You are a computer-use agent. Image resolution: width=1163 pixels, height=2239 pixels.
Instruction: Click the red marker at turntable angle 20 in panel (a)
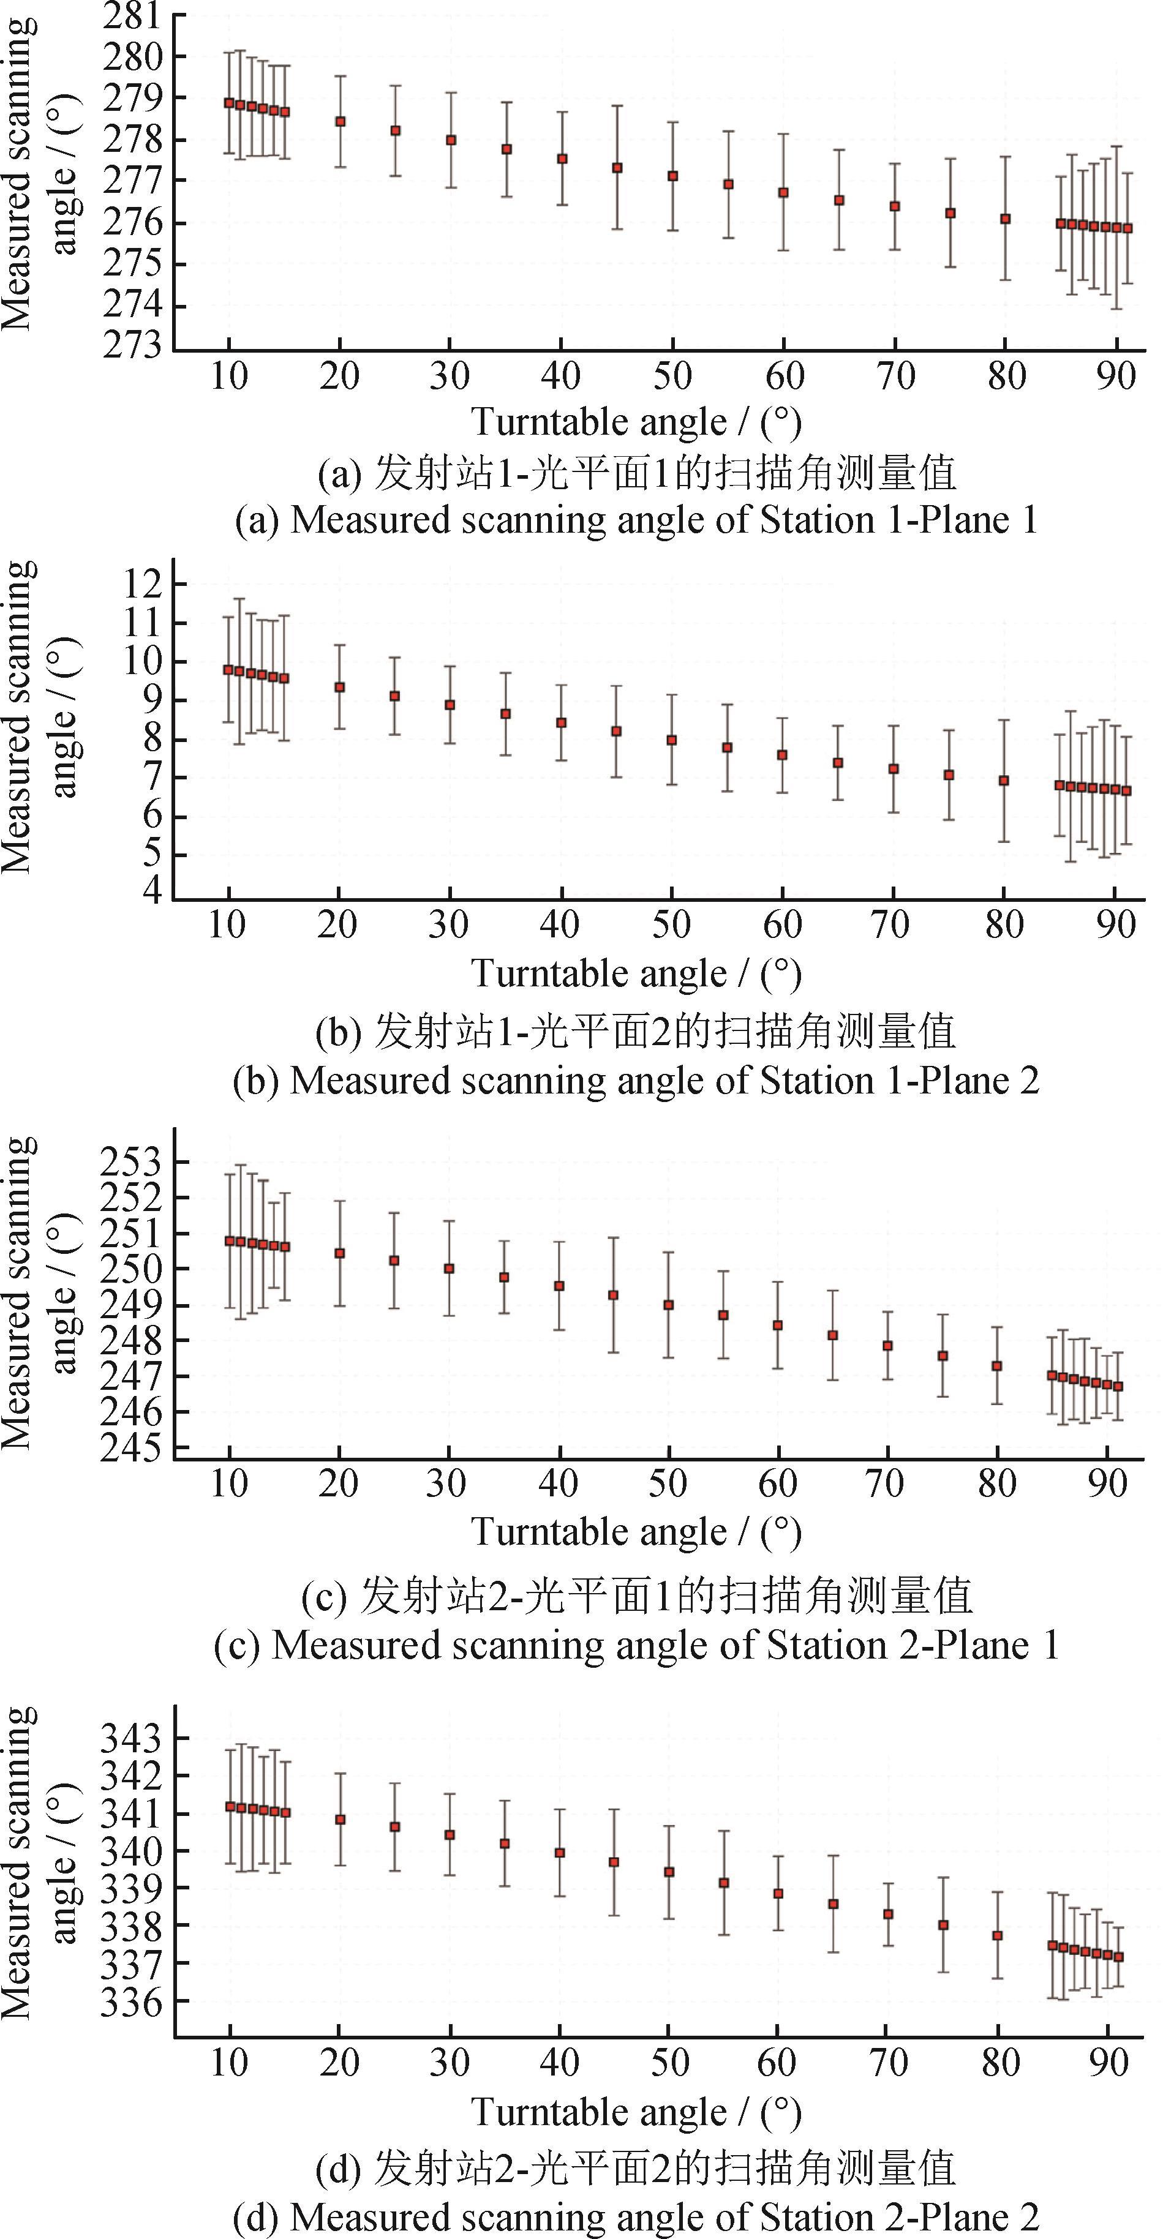point(340,122)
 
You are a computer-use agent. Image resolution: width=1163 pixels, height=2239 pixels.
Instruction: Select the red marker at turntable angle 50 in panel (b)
point(671,741)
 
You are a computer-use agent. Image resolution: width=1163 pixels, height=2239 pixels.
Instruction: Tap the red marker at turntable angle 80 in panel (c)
point(997,1367)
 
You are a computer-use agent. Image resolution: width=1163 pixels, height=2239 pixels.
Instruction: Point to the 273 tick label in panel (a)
point(132,345)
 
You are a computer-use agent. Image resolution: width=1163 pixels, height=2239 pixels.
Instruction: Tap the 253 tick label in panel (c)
point(132,1162)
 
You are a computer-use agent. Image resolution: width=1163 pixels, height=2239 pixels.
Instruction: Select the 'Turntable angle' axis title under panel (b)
point(636,973)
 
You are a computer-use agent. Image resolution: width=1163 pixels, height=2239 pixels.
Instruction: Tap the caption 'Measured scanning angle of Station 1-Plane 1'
point(636,520)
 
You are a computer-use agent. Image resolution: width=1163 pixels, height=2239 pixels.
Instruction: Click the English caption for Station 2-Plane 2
point(636,2218)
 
